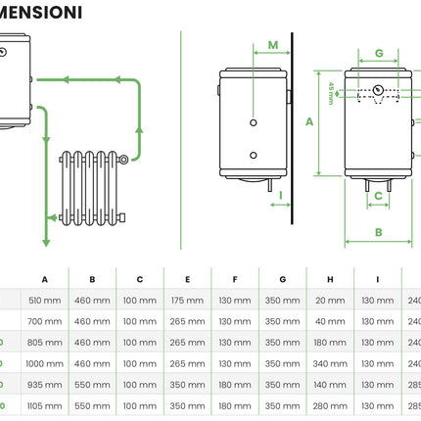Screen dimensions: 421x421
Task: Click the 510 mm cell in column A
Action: pyautogui.click(x=45, y=300)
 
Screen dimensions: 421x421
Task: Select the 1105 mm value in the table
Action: pyautogui.click(x=45, y=405)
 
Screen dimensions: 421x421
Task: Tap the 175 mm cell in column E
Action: pyautogui.click(x=188, y=300)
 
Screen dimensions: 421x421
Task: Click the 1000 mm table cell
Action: pyautogui.click(x=45, y=363)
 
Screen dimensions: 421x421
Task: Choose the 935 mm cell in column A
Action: pyautogui.click(x=45, y=385)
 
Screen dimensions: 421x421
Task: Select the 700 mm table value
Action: pyautogui.click(x=45, y=321)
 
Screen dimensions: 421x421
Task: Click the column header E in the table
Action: pyautogui.click(x=188, y=278)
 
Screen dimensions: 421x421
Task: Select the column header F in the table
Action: pyautogui.click(x=235, y=278)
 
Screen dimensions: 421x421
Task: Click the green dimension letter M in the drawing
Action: pyautogui.click(x=273, y=45)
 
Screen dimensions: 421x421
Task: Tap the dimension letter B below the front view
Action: pyautogui.click(x=378, y=232)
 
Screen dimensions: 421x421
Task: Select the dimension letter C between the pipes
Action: pyautogui.click(x=377, y=196)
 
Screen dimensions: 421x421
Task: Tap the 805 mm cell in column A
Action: pyautogui.click(x=45, y=342)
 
